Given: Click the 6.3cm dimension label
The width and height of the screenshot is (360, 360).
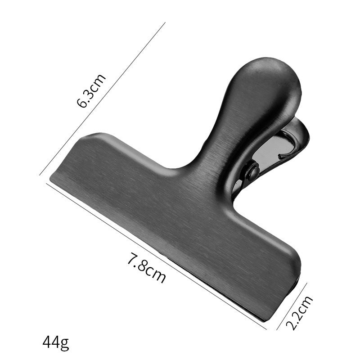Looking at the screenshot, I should click(x=91, y=91).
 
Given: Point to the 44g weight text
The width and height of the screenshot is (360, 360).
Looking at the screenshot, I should click(x=56, y=343).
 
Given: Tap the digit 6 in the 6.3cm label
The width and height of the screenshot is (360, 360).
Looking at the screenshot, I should click(x=83, y=102).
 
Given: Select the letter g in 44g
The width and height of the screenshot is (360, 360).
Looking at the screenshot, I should click(x=65, y=344).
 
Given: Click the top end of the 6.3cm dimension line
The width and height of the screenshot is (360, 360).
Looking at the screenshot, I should click(x=165, y=22).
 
